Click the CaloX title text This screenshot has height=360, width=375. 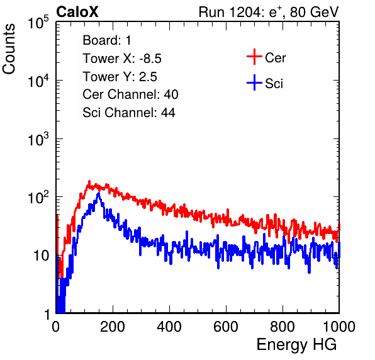coord(77,12)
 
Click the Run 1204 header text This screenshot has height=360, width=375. coord(269,12)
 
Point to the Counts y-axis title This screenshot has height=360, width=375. coord(9,49)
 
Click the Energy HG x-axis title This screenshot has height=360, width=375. coord(296,344)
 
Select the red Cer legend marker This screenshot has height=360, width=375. coord(254,57)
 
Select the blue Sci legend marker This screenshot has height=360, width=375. coord(254,82)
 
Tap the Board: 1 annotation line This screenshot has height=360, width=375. coord(107,40)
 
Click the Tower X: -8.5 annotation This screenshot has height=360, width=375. coord(122,59)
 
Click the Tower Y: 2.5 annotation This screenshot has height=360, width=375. coord(120,77)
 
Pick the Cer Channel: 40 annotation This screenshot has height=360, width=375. coord(130,94)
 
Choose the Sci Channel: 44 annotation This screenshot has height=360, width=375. coord(129,113)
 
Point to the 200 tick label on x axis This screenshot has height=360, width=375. coord(113,326)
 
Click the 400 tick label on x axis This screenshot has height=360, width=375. coord(169,326)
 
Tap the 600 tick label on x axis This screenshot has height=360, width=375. coord(226,326)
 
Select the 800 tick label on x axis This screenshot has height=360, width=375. coord(283,326)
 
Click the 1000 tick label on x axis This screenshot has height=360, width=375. coord(339,326)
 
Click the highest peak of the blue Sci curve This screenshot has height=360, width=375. coord(99,193)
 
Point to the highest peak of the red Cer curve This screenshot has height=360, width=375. coord(89,181)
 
